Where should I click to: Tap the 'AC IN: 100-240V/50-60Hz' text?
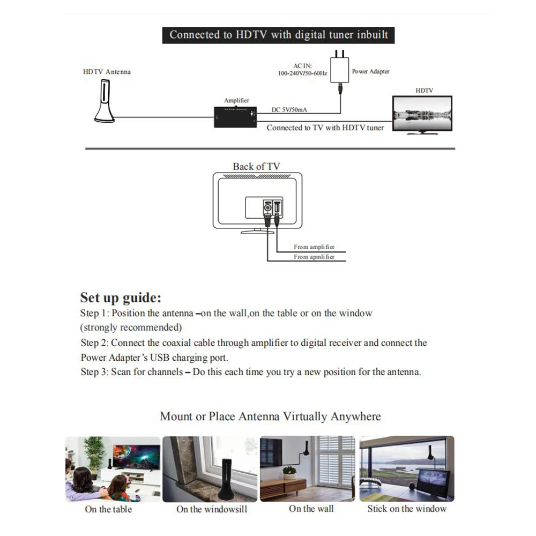(x=302, y=69)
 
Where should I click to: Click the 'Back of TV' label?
(x=256, y=167)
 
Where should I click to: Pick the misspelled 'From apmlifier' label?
(x=314, y=257)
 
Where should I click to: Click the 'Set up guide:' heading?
(x=121, y=297)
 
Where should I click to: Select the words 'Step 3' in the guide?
(x=94, y=372)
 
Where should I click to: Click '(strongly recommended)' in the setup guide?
(x=131, y=327)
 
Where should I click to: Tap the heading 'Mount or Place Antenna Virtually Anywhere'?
(x=270, y=416)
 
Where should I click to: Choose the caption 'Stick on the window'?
(x=407, y=509)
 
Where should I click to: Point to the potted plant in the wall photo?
(x=289, y=472)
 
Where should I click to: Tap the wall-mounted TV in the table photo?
(x=136, y=456)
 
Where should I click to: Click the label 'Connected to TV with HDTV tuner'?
(x=325, y=128)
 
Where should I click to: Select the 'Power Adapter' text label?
(x=370, y=71)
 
